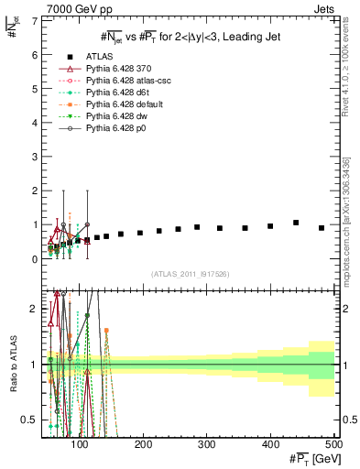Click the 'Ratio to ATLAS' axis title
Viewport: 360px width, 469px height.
(12, 365)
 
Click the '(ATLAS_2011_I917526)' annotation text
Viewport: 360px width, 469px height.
(191, 274)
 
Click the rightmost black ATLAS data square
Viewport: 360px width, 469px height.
(322, 228)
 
